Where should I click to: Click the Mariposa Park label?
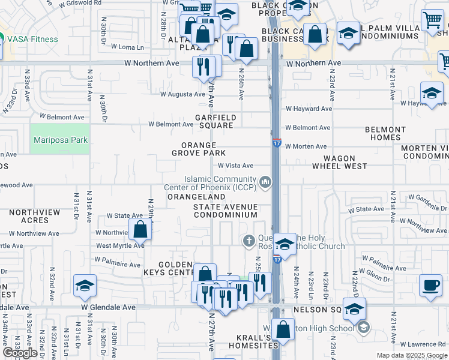[x=61, y=140]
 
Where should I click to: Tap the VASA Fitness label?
[x=33, y=40]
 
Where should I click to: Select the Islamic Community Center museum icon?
[x=265, y=181]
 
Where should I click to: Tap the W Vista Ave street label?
[x=235, y=166]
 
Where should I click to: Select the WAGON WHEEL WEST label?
[x=340, y=162]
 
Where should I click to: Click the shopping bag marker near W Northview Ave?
[x=140, y=229]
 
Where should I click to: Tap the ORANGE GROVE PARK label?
[x=198, y=149]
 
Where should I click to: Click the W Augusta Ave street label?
[x=182, y=94]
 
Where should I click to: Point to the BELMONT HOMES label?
[x=385, y=133]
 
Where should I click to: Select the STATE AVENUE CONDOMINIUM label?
[x=226, y=211]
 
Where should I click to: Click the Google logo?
[x=20, y=353]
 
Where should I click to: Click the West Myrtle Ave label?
[x=120, y=245]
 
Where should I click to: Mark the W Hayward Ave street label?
[x=309, y=109]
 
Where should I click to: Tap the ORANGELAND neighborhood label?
[x=196, y=197]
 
